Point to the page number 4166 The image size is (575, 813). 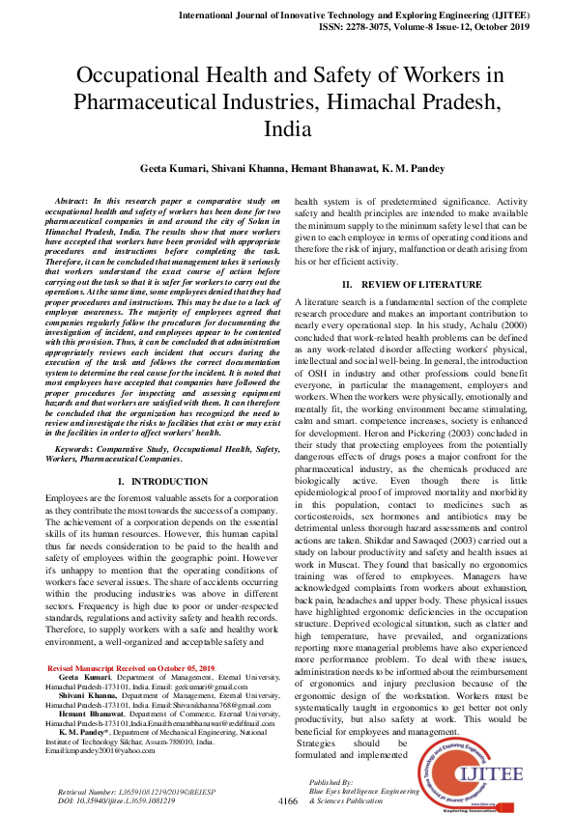(288, 801)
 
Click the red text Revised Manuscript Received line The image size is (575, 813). (131, 668)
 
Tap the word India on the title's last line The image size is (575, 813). (287, 128)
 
